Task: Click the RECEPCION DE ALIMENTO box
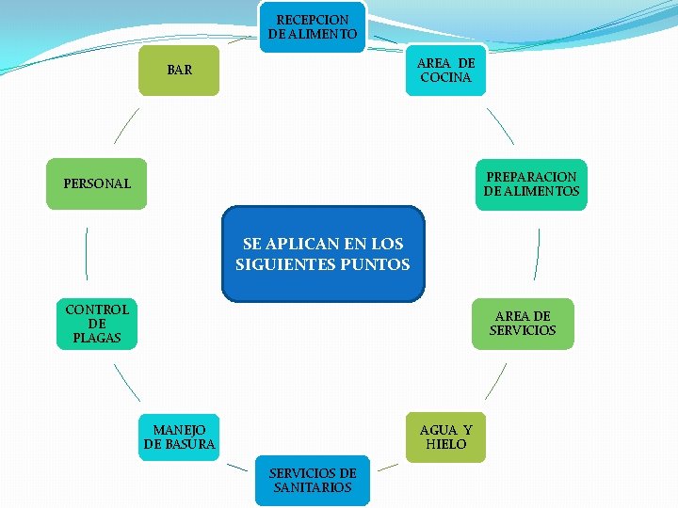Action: (x=312, y=26)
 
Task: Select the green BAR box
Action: (x=179, y=70)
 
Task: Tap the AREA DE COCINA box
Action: (x=446, y=70)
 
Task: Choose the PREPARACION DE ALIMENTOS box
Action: (x=532, y=184)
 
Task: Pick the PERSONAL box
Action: (x=98, y=183)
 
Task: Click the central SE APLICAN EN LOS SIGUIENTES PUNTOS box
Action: (x=323, y=254)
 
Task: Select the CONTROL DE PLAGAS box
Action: (x=97, y=324)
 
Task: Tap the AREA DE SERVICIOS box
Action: (x=523, y=323)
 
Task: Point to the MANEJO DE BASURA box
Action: (x=179, y=437)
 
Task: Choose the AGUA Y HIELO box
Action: (x=445, y=437)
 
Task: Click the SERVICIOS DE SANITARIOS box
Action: (x=312, y=481)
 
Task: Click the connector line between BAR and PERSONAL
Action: (x=126, y=125)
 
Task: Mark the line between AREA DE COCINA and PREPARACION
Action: (x=500, y=125)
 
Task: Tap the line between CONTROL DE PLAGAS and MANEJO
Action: (x=126, y=382)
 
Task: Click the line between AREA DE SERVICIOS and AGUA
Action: (x=496, y=382)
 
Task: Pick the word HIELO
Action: (x=445, y=444)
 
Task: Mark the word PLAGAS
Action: (x=97, y=338)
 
